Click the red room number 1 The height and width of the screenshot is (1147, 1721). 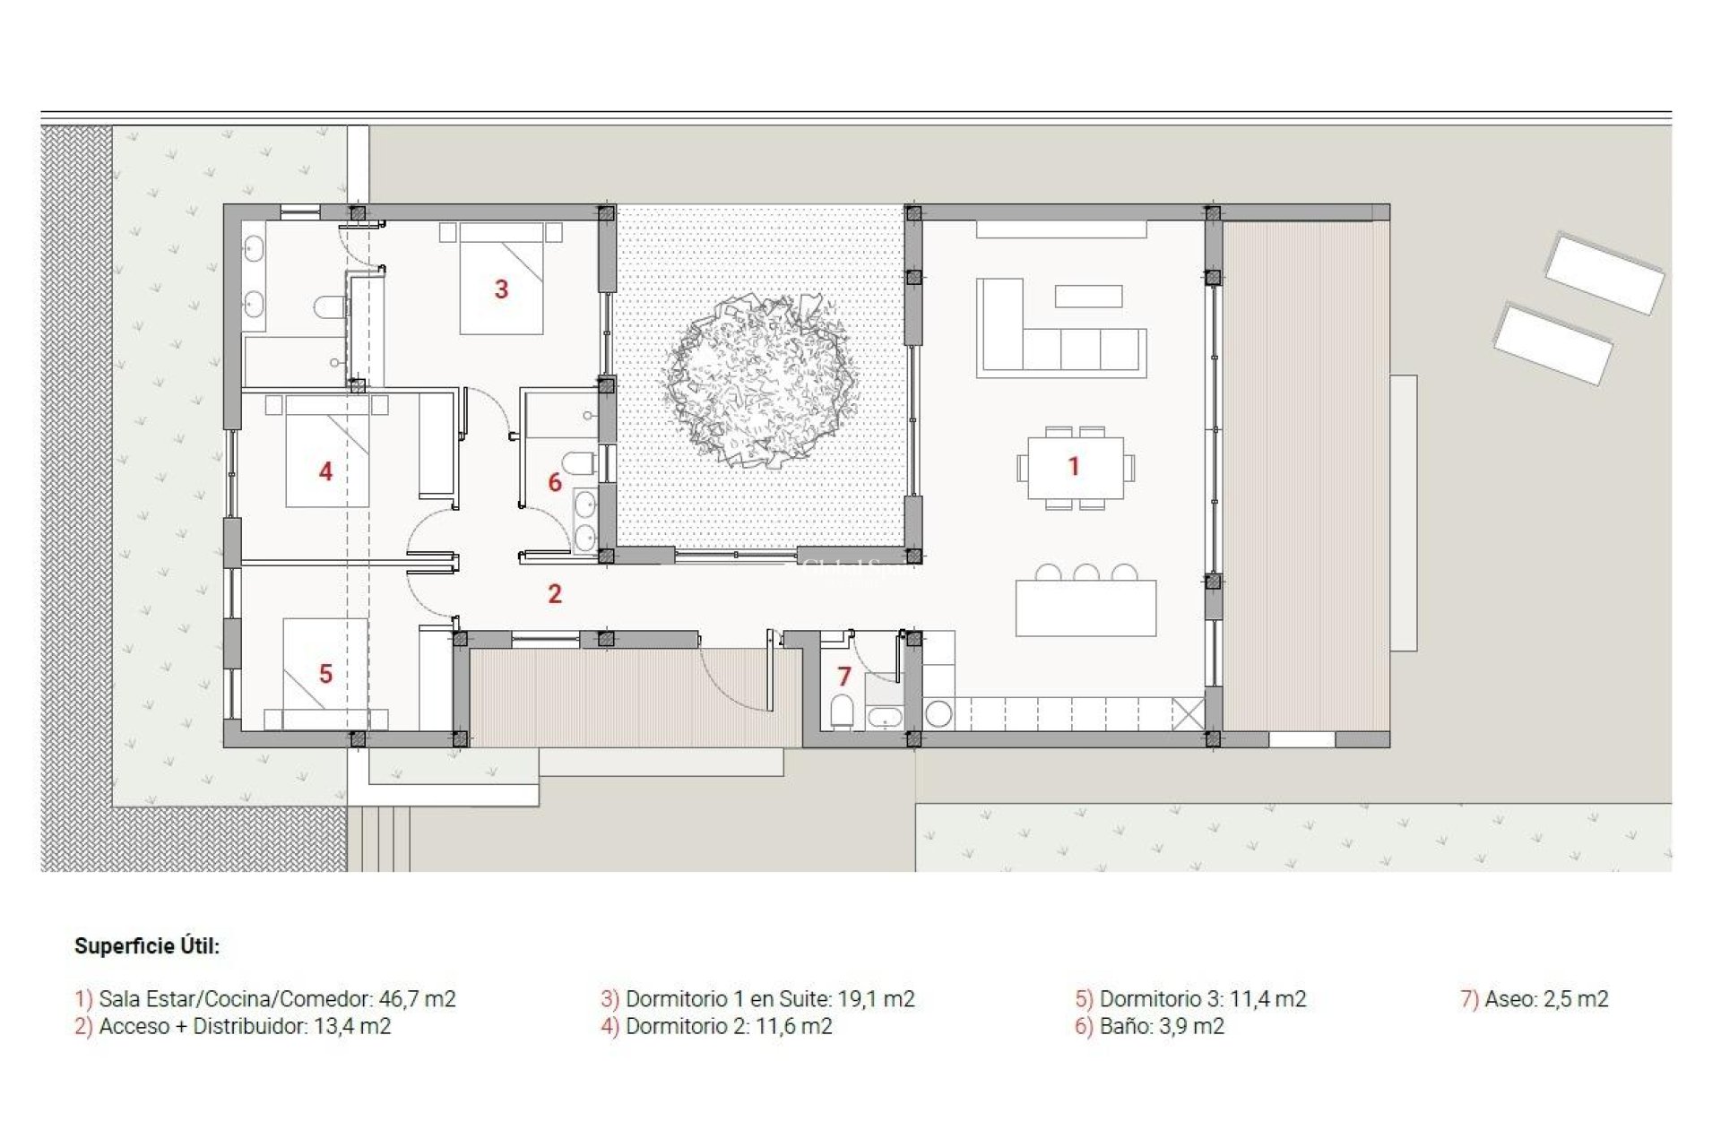click(x=1073, y=466)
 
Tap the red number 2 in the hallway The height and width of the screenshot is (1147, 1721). click(x=555, y=593)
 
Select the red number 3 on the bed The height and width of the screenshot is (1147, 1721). click(x=501, y=289)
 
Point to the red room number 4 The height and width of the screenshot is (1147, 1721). click(x=325, y=471)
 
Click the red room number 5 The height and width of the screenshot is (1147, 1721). click(x=325, y=674)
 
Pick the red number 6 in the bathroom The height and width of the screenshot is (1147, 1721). click(x=555, y=483)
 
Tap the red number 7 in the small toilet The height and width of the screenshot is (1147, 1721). click(x=843, y=677)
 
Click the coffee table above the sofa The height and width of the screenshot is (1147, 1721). click(x=1088, y=296)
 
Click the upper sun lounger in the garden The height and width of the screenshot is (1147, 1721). click(x=1604, y=272)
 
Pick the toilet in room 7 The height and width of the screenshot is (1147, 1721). click(x=842, y=711)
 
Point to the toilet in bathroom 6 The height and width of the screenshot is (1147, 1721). click(x=582, y=464)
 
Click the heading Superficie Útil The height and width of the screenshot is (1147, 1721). click(x=147, y=946)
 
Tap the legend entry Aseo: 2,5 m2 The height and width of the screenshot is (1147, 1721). click(x=1545, y=998)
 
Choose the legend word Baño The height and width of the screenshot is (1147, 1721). click(x=1124, y=1026)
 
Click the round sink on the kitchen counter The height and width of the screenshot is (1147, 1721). click(x=938, y=714)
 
